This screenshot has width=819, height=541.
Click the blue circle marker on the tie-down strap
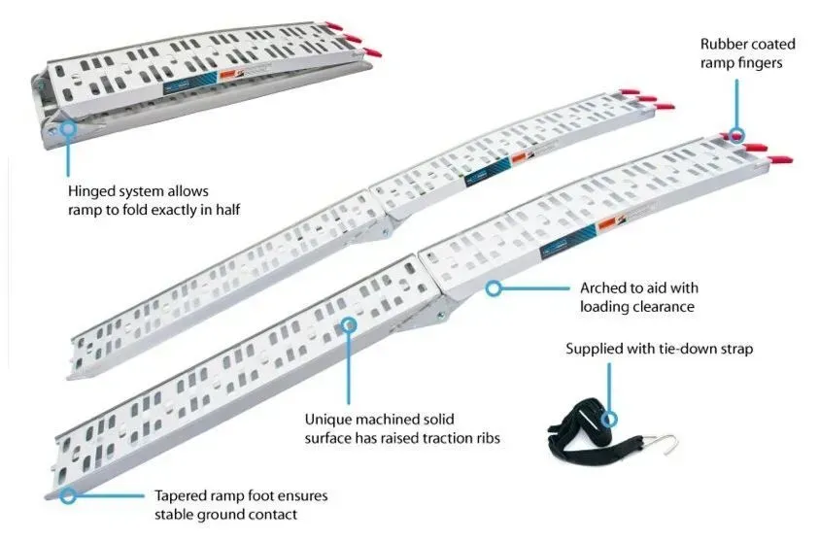[609, 419]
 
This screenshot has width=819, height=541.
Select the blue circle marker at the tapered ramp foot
[67, 495]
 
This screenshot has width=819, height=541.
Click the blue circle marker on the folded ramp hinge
[68, 128]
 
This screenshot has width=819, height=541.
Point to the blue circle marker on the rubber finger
[736, 135]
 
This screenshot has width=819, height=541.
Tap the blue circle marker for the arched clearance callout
[494, 287]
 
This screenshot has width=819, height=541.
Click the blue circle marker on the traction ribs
[349, 325]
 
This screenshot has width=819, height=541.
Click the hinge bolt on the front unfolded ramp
[441, 315]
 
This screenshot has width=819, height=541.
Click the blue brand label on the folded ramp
[190, 83]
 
